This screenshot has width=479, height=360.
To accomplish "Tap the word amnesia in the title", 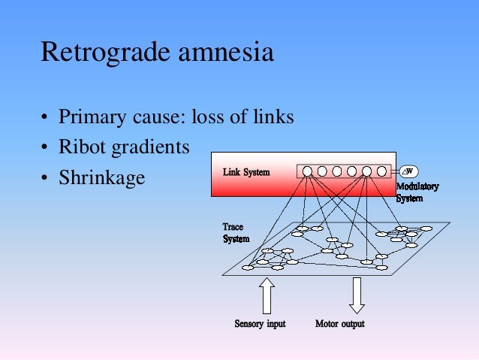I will (x=223, y=53).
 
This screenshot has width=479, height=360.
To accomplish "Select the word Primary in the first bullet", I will (x=89, y=118).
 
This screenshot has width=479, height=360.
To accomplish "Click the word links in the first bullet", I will (x=273, y=118).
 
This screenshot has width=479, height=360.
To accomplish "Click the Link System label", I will (x=246, y=172).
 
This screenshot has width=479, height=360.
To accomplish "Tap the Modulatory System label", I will (x=417, y=192).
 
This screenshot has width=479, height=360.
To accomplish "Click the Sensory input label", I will (x=260, y=324).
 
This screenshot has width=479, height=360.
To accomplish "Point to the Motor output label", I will (x=340, y=324).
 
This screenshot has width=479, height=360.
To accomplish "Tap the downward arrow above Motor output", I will (x=357, y=295).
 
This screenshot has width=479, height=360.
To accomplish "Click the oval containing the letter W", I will (x=409, y=171).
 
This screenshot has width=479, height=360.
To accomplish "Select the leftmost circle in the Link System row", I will (x=307, y=171).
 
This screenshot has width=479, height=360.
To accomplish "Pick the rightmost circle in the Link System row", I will (x=381, y=171).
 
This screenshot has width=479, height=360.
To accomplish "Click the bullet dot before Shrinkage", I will (x=46, y=180).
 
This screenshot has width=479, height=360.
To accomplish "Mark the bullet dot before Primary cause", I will (x=46, y=119).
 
